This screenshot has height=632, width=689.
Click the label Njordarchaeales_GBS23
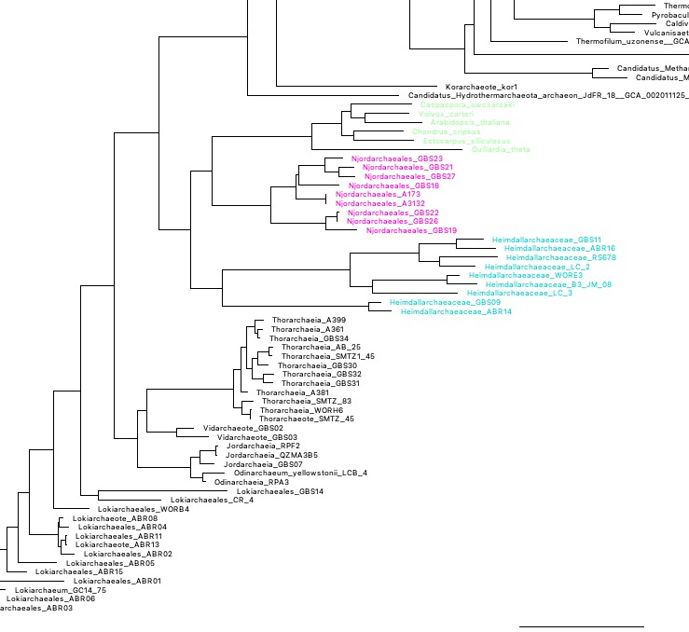[x=383, y=158]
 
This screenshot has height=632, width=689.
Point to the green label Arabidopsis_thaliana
[x=404, y=123]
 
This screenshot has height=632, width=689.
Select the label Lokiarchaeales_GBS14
[x=280, y=491]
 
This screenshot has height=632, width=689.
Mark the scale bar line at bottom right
[x=581, y=626]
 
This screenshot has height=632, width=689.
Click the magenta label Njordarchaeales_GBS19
[x=411, y=230]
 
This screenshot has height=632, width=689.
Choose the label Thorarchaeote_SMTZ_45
[x=306, y=419]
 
